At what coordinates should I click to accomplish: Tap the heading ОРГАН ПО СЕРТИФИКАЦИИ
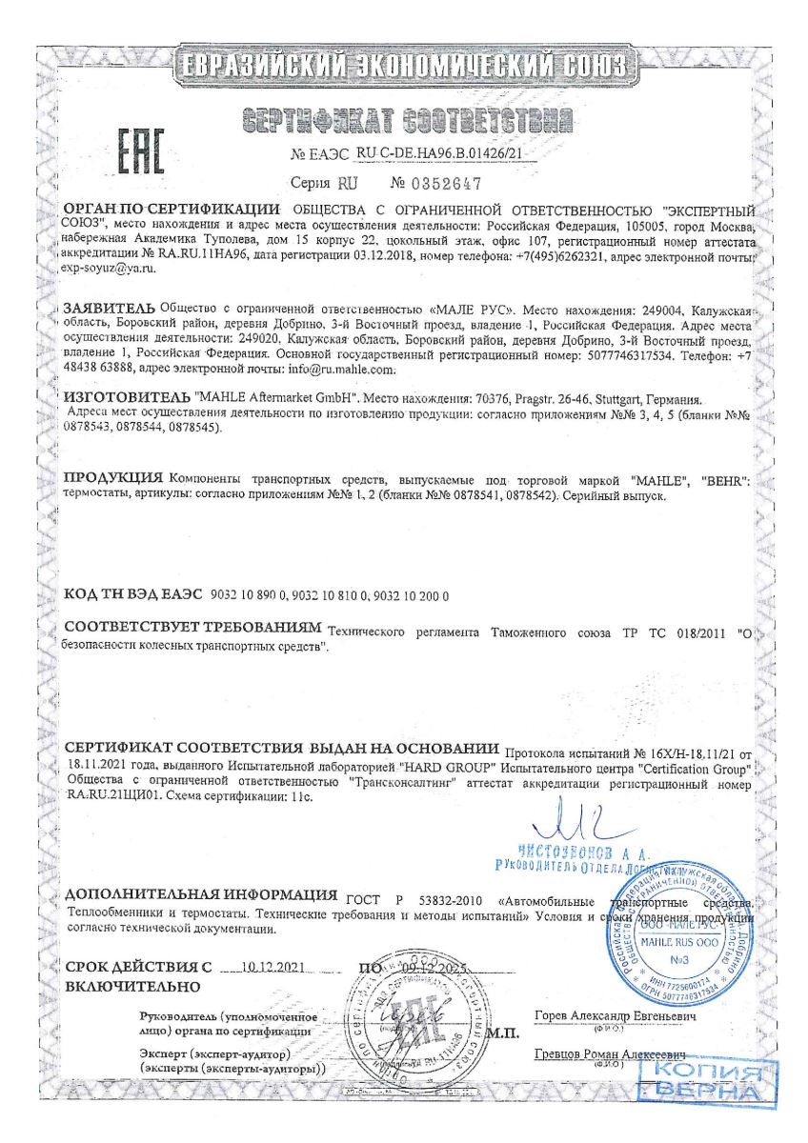(172, 210)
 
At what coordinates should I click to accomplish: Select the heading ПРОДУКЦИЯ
(112, 477)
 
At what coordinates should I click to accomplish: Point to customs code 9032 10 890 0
(253, 594)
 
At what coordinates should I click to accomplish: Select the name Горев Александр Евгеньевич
(616, 1017)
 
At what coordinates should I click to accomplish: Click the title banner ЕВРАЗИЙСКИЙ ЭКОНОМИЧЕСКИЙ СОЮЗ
(404, 67)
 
